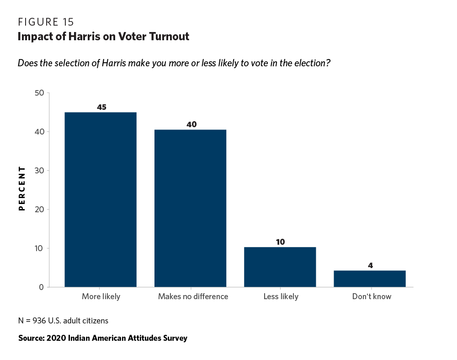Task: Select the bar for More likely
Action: [x=101, y=199]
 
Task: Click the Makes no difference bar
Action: [x=191, y=208]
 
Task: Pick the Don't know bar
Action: [x=370, y=279]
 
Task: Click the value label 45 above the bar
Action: [x=101, y=107]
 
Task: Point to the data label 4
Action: [x=370, y=265]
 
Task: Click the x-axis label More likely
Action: [x=101, y=296]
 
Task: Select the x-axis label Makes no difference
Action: [x=193, y=296]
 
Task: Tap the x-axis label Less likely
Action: [x=281, y=296]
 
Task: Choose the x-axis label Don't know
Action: [x=372, y=296]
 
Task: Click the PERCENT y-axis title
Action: [x=21, y=188]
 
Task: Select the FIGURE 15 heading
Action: [x=46, y=22]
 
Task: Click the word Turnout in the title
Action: [x=169, y=37]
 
